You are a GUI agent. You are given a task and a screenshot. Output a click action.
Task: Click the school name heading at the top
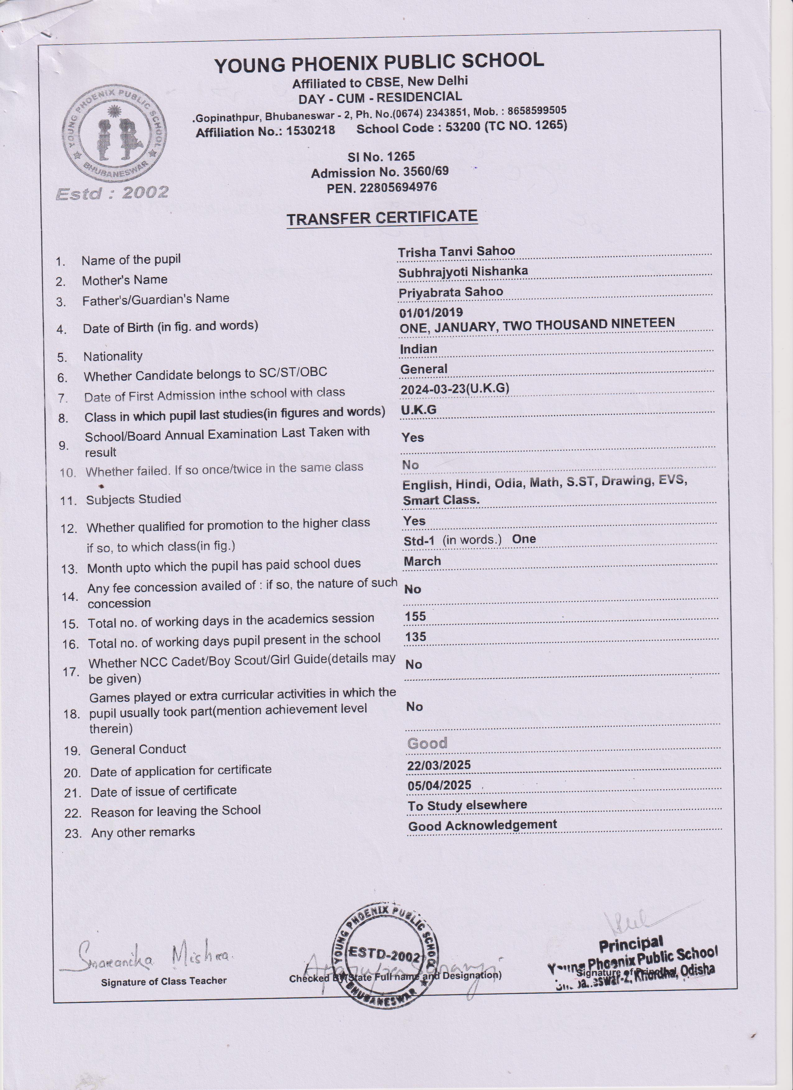tap(379, 62)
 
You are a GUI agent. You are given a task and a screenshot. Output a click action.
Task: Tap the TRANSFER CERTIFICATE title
tap(382, 217)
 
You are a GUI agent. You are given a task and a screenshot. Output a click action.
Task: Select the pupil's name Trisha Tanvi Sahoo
tap(456, 251)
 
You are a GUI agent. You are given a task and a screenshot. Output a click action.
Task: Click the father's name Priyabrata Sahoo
tap(451, 292)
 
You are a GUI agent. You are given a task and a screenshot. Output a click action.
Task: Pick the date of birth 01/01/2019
tap(431, 313)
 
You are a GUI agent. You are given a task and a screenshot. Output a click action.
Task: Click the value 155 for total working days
tap(415, 616)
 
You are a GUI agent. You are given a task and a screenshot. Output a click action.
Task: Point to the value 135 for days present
tap(415, 637)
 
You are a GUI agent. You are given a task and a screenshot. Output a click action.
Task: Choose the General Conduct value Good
tap(427, 743)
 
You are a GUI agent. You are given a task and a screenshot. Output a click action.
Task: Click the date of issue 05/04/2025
tap(439, 786)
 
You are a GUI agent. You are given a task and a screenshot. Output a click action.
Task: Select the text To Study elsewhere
tap(467, 806)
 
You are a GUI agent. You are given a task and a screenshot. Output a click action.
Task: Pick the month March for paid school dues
tap(422, 561)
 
